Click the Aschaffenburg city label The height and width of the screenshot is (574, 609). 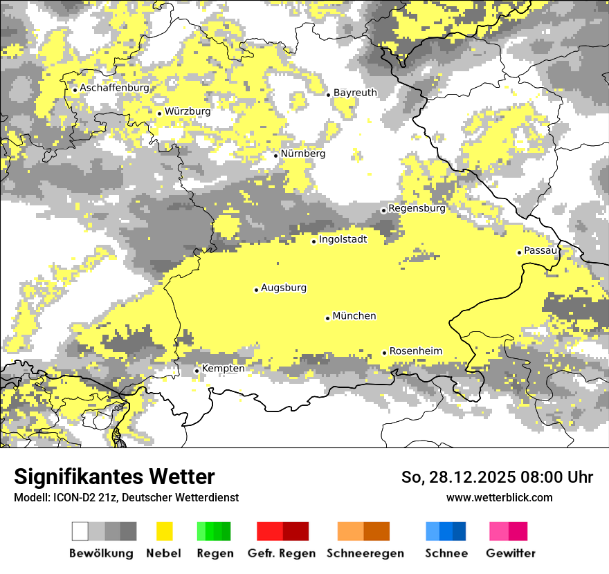tap(114, 89)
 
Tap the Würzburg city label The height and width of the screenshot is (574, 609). tap(188, 111)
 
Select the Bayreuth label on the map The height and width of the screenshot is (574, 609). tap(355, 93)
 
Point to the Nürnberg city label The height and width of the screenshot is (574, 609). tap(302, 154)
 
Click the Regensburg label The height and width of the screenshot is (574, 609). tap(417, 208)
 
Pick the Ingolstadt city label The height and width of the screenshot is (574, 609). tap(343, 239)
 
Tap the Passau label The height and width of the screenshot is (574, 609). tap(540, 250)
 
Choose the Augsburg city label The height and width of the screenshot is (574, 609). tap(284, 288)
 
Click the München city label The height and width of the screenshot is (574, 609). tap(354, 316)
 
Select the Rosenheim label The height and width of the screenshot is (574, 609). tap(415, 351)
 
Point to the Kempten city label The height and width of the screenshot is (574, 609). tap(223, 369)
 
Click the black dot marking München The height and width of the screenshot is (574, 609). tap(328, 318)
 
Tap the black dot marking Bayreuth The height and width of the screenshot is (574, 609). tap(329, 95)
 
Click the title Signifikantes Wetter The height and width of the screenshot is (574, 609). tap(114, 476)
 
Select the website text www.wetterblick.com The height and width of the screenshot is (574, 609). tap(500, 497)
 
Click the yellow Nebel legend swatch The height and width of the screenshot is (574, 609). tap(164, 531)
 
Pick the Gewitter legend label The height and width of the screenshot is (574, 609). tap(511, 553)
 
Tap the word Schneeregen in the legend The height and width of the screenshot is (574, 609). tap(365, 553)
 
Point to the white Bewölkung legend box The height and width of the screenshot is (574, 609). tap(80, 531)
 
